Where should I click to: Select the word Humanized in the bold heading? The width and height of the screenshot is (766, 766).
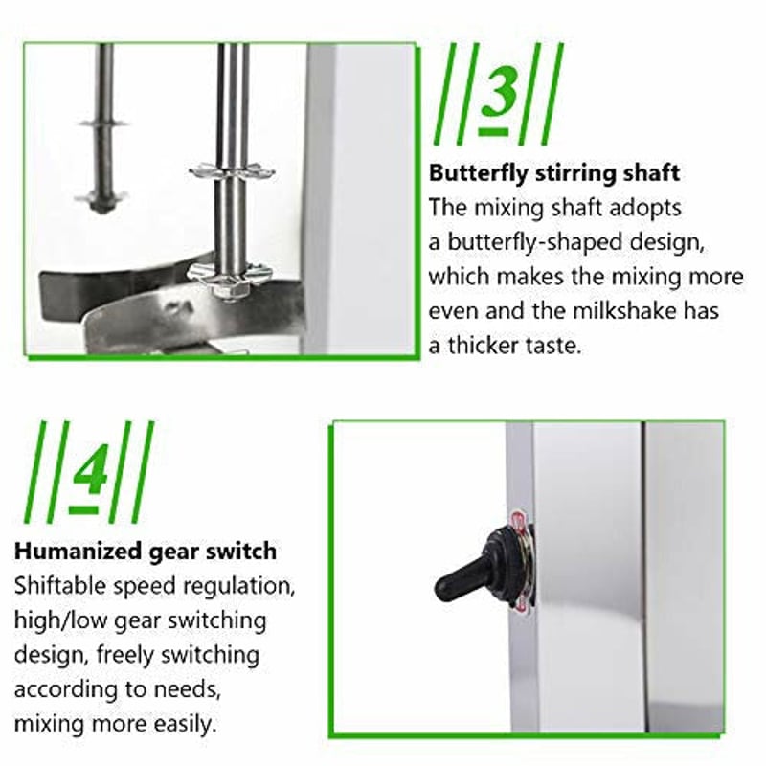click(x=78, y=552)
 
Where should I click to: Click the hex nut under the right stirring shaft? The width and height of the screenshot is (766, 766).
click(x=228, y=293)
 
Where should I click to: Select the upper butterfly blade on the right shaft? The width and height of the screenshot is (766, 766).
click(x=232, y=171)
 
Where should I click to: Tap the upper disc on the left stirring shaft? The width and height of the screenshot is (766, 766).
click(x=103, y=124)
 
